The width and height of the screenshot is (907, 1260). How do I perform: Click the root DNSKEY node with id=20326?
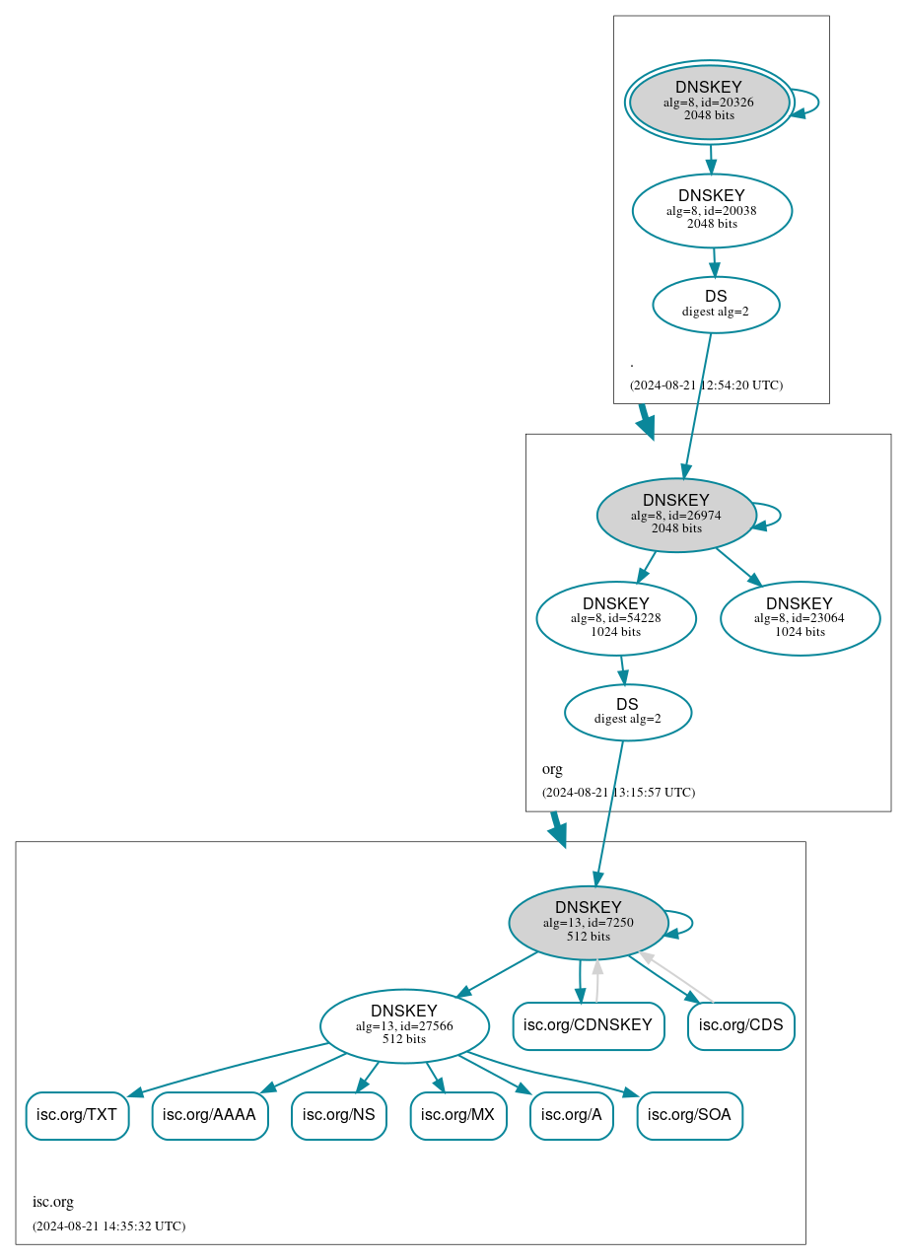(x=710, y=102)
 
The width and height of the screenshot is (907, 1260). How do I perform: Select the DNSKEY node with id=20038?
(x=712, y=210)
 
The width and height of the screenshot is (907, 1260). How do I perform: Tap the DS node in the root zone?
(x=716, y=305)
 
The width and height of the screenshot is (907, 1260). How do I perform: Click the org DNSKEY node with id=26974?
(x=676, y=515)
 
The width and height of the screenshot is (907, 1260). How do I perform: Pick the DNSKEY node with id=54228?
(x=616, y=618)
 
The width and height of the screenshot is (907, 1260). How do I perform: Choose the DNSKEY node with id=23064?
(x=800, y=618)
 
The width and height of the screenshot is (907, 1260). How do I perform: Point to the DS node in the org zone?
(x=628, y=712)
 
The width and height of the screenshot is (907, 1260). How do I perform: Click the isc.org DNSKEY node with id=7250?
(x=589, y=922)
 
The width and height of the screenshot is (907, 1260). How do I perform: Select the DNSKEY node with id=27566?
(x=404, y=1025)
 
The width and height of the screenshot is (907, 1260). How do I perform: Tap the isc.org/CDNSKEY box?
(x=588, y=1025)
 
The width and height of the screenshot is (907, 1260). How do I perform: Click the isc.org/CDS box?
(x=741, y=1025)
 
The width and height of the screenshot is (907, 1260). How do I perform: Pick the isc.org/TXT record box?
(x=77, y=1115)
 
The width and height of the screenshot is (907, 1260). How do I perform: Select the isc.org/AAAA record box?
(x=209, y=1115)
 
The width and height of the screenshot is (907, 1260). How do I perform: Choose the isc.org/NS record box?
(x=338, y=1115)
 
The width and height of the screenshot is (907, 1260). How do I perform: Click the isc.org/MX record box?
(x=458, y=1115)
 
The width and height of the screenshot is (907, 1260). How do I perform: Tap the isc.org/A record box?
(x=572, y=1115)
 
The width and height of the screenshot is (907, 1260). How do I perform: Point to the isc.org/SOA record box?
(x=690, y=1115)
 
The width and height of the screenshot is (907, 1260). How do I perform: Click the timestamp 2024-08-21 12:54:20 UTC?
(x=706, y=385)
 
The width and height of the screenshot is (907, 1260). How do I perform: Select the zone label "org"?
(x=552, y=769)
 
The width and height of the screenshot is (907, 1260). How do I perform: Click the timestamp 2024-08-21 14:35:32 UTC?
(x=108, y=1226)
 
